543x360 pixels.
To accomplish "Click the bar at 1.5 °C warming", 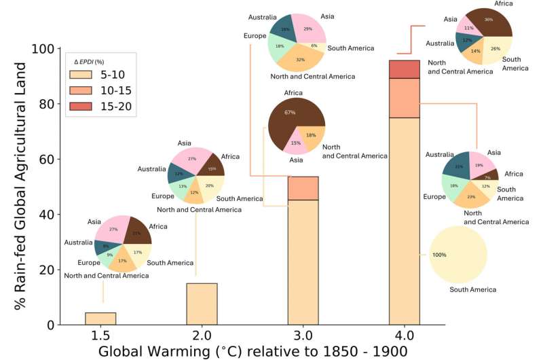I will tap(100, 319).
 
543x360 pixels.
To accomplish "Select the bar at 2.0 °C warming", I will tap(202, 304).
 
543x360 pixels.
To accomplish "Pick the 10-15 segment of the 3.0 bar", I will tap(303, 188).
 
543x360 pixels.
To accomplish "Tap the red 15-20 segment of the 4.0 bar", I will tap(405, 69).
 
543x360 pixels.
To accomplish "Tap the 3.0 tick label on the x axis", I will tap(303, 336).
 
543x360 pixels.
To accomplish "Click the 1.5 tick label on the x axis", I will tap(100, 336).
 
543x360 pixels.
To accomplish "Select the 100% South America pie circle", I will tap(459, 255).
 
